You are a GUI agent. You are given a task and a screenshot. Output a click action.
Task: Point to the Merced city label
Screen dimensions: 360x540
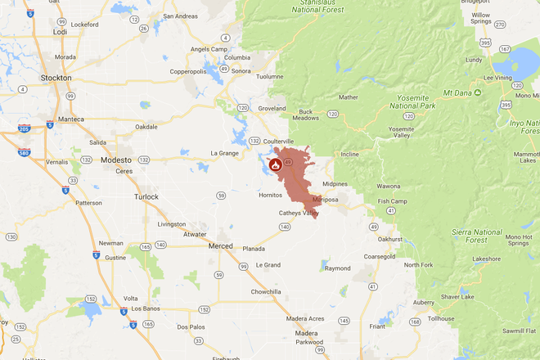click(221, 246)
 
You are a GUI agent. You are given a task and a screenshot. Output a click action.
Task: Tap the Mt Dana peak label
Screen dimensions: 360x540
click(458, 92)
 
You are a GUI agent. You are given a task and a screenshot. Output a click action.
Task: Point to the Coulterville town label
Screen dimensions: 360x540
click(278, 141)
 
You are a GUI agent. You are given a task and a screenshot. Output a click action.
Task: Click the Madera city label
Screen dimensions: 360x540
click(307, 333)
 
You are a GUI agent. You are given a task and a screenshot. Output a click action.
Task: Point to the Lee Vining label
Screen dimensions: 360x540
click(497, 78)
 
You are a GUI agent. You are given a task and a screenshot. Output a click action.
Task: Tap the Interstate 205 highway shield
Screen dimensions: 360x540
click(23, 128)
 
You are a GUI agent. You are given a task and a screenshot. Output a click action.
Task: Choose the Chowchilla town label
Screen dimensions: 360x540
click(269, 291)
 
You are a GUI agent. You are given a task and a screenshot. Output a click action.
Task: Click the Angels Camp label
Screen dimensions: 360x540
click(208, 49)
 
